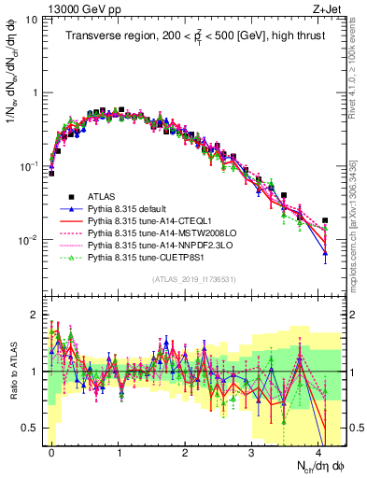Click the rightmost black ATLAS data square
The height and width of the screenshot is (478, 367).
point(324,220)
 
